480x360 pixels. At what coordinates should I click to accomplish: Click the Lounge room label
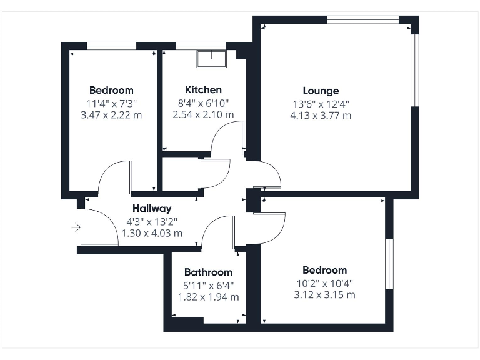pos(321,91)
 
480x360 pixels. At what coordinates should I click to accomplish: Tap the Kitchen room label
pos(203,90)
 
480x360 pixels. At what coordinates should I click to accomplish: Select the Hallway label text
pos(151,209)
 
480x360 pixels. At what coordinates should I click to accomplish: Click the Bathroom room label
pos(208,272)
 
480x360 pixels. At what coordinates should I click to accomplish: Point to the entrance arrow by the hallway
pos(76,227)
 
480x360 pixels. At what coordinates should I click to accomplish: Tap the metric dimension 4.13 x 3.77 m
pos(321,115)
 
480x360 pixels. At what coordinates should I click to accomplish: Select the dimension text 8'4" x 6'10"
pos(203,102)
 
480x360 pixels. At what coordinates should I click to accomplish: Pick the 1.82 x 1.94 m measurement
pos(208,297)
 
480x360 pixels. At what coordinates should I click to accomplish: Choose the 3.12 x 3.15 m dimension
pos(324,295)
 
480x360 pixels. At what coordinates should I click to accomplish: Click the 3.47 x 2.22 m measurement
pos(111,115)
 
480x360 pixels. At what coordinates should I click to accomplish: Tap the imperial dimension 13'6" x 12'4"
pos(321,103)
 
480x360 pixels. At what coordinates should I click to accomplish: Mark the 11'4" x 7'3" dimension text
pos(111,102)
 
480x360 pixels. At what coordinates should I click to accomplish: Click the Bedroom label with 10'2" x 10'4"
pos(324,271)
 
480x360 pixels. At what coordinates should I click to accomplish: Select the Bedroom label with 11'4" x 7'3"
pos(111,90)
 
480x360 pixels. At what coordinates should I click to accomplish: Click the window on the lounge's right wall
pos(414,71)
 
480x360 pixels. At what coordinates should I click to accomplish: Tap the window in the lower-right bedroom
pos(388,264)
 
